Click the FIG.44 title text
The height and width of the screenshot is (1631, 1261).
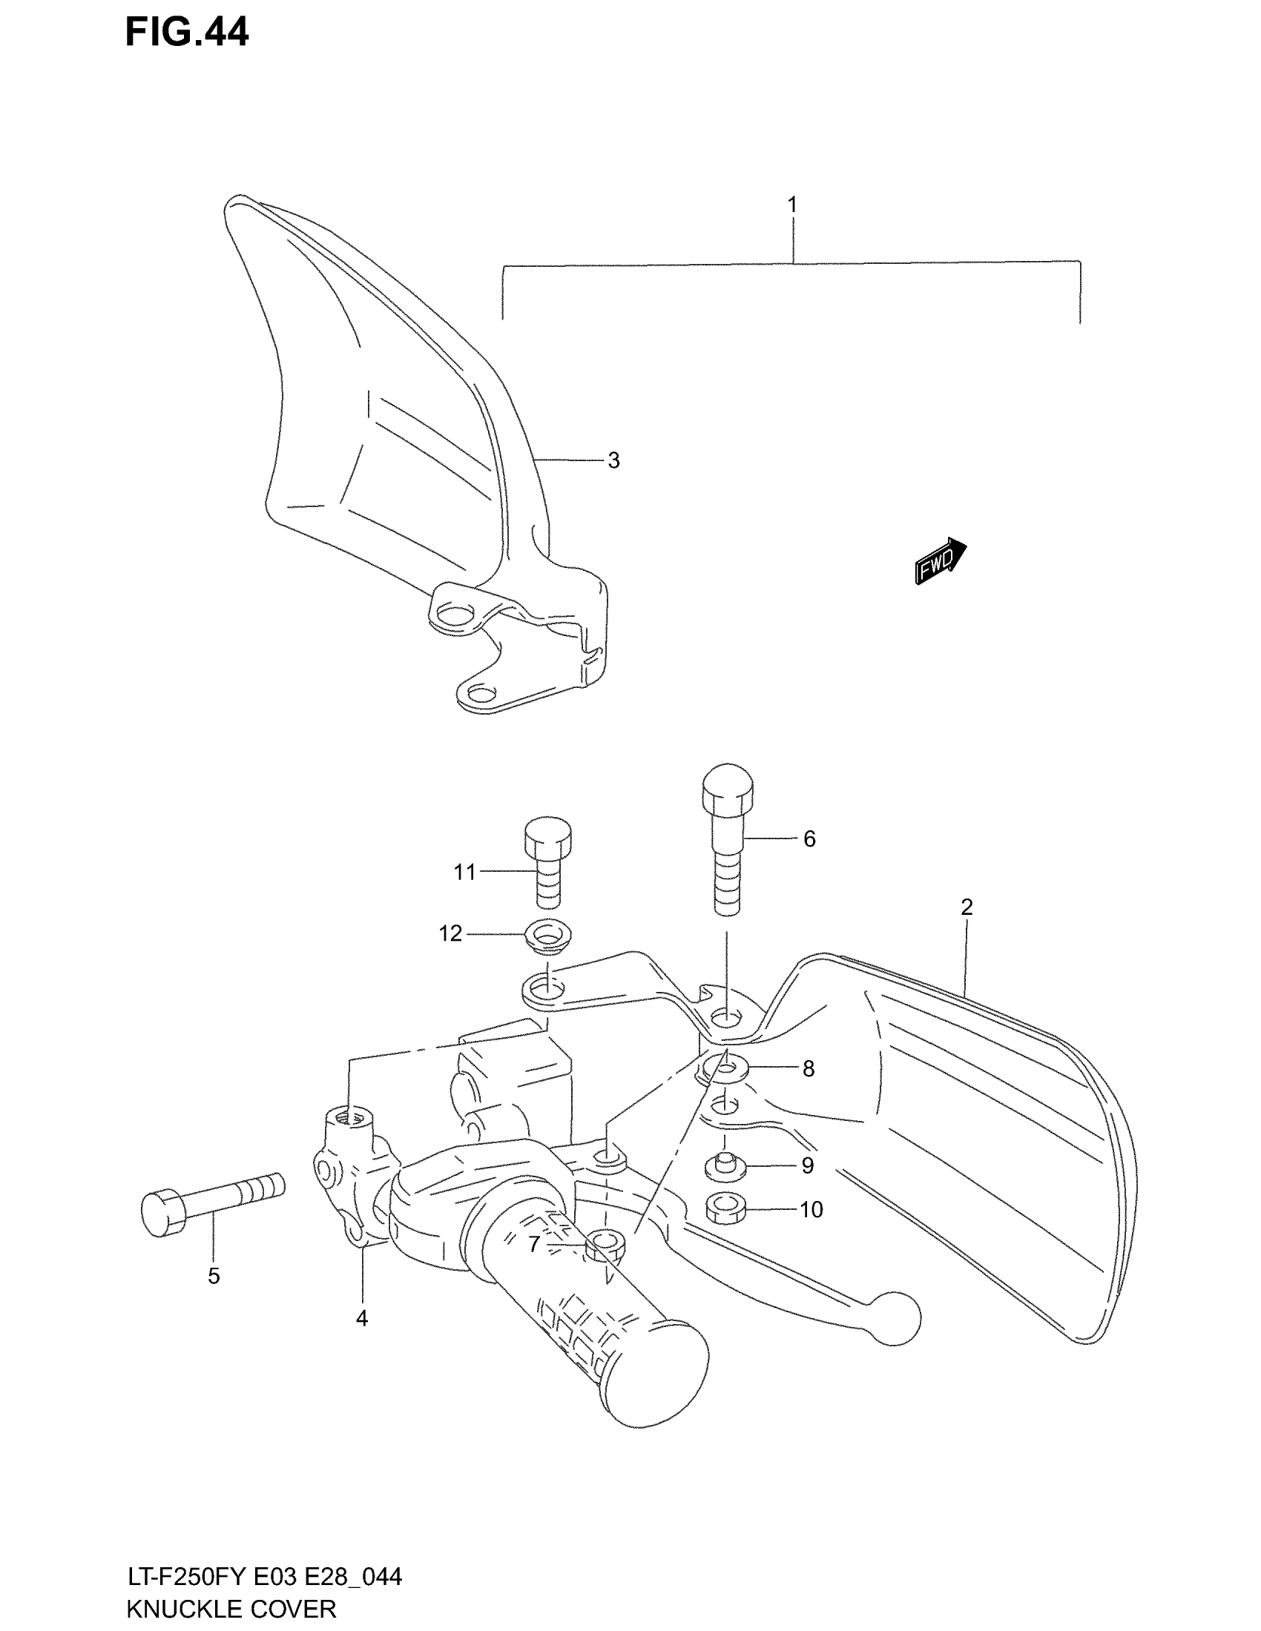click(187, 33)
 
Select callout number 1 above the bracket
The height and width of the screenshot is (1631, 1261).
click(792, 204)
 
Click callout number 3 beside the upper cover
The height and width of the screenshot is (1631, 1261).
click(613, 461)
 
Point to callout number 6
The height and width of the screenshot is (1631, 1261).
click(809, 839)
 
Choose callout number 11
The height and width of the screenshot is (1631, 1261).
click(464, 872)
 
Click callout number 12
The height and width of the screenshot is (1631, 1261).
click(450, 933)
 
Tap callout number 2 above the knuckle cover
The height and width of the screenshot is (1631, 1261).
click(967, 907)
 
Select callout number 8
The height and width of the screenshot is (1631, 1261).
click(809, 1069)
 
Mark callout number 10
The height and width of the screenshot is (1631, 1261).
click(811, 1210)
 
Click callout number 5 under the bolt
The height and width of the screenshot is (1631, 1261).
click(214, 1277)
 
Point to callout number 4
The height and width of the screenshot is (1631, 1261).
click(361, 1319)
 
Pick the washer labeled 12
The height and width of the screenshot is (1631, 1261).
click(547, 935)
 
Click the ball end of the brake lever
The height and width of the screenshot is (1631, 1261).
click(898, 1320)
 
